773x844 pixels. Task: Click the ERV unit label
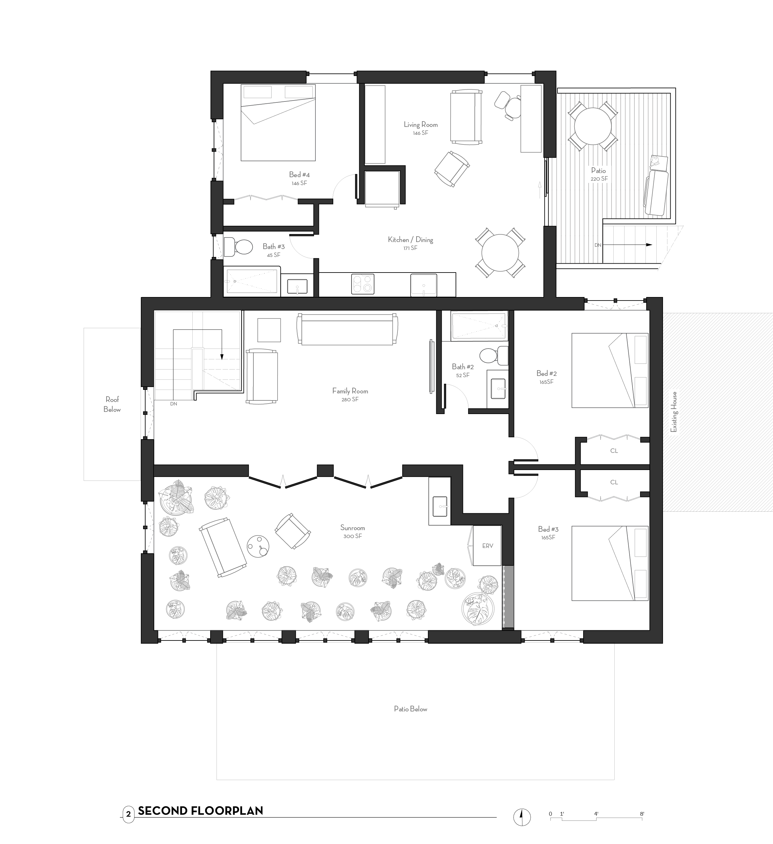click(x=487, y=546)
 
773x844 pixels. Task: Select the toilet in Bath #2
click(x=492, y=356)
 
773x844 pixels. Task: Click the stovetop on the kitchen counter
click(x=362, y=284)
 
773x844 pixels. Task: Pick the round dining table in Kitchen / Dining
click(x=500, y=253)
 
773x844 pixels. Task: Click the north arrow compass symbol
click(x=522, y=816)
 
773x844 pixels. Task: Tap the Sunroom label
click(x=352, y=528)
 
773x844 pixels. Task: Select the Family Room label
click(x=350, y=391)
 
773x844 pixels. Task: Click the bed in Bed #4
click(x=278, y=123)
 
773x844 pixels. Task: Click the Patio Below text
click(x=410, y=709)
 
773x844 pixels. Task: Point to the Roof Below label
click(x=112, y=405)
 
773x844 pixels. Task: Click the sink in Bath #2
click(x=498, y=389)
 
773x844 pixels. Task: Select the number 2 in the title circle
click(x=128, y=814)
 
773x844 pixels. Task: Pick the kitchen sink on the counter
click(x=424, y=285)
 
